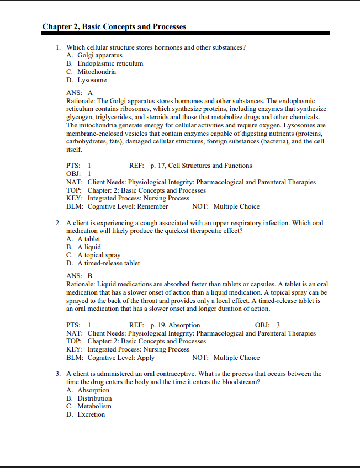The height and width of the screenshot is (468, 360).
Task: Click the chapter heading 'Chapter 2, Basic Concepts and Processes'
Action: pos(114,26)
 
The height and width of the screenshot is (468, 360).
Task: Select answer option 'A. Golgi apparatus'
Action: pos(94,56)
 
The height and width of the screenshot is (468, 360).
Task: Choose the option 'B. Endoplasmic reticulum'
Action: pos(104,63)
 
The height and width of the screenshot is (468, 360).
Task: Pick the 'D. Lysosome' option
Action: pos(87,80)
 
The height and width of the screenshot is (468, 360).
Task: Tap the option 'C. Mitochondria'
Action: pos(91,72)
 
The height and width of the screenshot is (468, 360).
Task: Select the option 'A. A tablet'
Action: pos(83,239)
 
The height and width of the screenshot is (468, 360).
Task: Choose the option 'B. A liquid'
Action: pos(83,247)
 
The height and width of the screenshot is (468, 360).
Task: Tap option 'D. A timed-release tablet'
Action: pos(103,263)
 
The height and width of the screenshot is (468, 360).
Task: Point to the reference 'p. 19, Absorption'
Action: pos(175,325)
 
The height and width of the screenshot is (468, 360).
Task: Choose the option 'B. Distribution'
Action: pos(89,398)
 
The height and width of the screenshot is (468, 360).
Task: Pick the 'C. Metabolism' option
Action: pos(89,406)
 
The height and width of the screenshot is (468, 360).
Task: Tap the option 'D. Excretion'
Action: pos(86,414)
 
